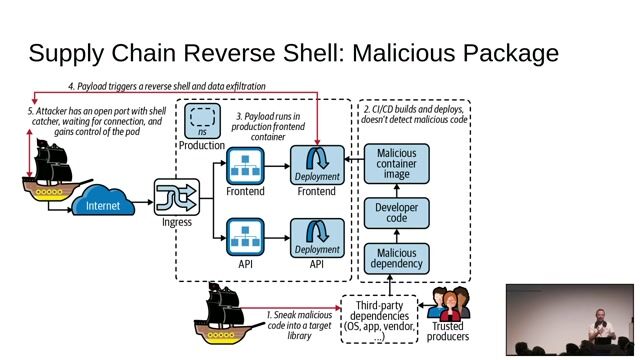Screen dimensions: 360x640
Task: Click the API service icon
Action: point(245,238)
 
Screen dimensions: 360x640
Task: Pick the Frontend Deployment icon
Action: point(317,164)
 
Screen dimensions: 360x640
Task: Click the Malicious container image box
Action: point(397,164)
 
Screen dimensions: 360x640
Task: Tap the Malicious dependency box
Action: point(397,257)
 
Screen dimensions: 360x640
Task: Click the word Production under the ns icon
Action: point(203,146)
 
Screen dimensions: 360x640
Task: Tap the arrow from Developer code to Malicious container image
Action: point(397,190)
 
